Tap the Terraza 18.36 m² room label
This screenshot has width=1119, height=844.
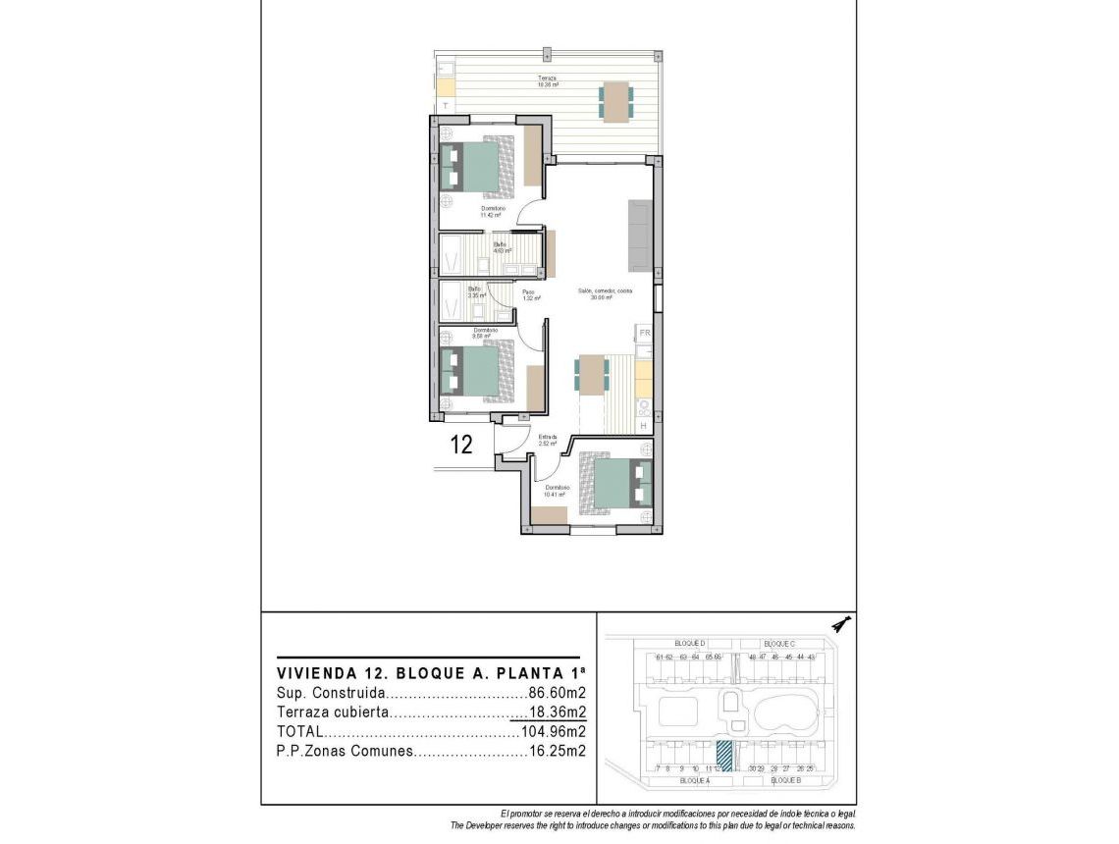tap(548, 81)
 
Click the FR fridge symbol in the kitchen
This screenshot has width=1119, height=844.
tap(645, 335)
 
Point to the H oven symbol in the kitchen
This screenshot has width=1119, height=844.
tap(644, 425)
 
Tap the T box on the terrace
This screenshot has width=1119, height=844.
tap(446, 105)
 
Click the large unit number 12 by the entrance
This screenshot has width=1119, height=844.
tap(461, 445)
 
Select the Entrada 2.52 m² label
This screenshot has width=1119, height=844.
tap(548, 441)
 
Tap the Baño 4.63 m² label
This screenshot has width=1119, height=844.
tap(501, 247)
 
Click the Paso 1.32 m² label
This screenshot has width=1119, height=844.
tap(530, 294)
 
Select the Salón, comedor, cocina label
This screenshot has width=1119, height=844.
tap(605, 294)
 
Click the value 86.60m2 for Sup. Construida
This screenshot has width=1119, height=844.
tap(557, 693)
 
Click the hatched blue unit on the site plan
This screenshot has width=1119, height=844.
tap(724, 756)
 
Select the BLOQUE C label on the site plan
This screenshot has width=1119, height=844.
tap(778, 643)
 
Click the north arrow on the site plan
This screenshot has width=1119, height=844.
tap(838, 623)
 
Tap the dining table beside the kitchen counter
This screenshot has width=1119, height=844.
tap(592, 373)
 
